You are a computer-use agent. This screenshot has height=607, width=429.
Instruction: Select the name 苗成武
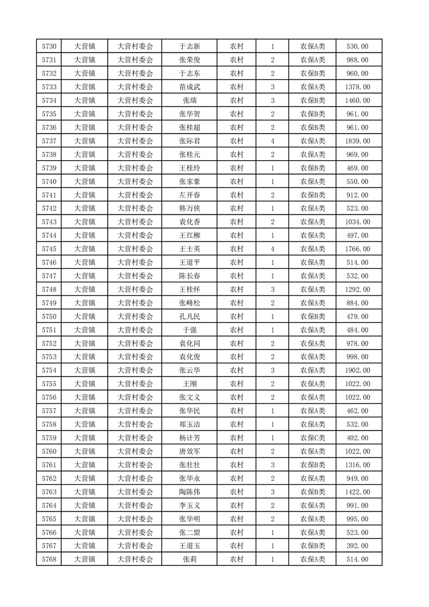[189, 87]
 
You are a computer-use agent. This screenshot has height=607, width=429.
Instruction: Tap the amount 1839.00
[357, 141]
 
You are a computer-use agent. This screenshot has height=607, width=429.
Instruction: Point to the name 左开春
[189, 195]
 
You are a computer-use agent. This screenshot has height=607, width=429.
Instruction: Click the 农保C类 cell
[312, 438]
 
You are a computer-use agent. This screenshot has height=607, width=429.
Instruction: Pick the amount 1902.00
[357, 371]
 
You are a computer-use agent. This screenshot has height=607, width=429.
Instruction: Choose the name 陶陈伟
[189, 492]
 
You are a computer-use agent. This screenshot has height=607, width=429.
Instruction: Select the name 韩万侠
[189, 209]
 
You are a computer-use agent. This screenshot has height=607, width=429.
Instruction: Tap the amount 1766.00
[357, 249]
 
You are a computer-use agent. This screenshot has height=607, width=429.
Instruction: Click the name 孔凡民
[189, 316]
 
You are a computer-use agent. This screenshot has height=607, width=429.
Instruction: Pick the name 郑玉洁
[189, 425]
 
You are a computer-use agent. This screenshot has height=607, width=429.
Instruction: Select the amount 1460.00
[357, 101]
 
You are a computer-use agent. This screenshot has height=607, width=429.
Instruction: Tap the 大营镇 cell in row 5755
[84, 384]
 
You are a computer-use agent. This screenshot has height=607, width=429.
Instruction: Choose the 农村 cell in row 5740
[236, 182]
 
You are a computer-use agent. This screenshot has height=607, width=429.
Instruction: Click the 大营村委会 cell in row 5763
[135, 492]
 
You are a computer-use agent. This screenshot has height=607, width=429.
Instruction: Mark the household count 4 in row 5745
[272, 249]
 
